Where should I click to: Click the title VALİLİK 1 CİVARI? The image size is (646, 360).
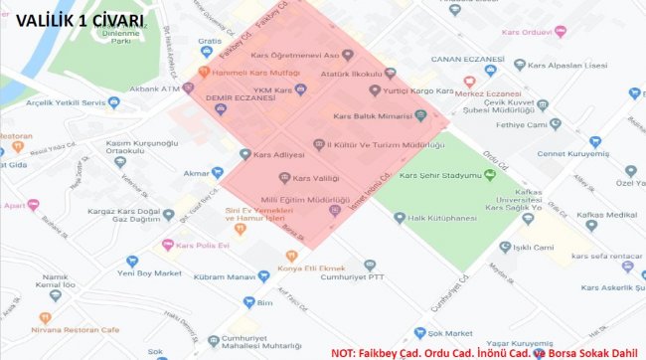coord(81,19)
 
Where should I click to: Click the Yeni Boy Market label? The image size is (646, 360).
coord(146,272)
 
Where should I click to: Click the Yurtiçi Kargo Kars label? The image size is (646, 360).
coord(415,90)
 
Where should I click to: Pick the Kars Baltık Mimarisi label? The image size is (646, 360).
coord(378,115)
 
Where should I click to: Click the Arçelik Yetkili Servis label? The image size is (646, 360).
coord(66,101)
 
